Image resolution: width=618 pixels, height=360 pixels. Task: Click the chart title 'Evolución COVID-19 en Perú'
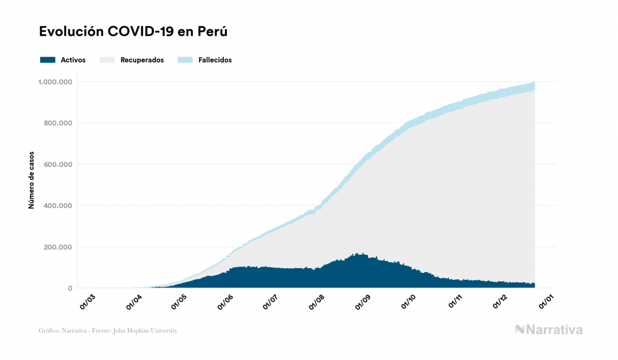(x=134, y=32)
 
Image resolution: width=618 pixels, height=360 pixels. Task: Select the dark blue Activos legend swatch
(x=48, y=60)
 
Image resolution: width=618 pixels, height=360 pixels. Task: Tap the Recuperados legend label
(x=142, y=60)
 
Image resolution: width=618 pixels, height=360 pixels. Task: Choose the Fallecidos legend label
(x=215, y=60)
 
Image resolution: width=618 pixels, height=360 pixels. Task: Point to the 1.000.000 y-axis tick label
(x=56, y=82)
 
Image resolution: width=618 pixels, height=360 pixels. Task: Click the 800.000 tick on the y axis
(x=58, y=123)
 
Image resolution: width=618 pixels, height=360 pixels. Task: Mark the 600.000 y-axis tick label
(x=58, y=165)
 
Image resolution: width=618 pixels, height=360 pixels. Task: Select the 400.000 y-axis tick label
(x=58, y=206)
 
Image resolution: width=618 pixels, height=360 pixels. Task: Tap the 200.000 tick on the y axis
(x=58, y=247)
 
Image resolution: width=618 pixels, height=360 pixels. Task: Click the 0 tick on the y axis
(x=69, y=288)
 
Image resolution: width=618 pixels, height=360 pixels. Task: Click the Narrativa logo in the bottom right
(x=549, y=330)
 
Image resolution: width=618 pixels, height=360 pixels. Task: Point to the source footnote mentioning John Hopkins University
(x=108, y=331)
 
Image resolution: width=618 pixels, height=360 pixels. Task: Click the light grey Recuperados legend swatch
(x=107, y=60)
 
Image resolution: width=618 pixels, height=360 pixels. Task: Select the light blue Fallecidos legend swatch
(x=185, y=60)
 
